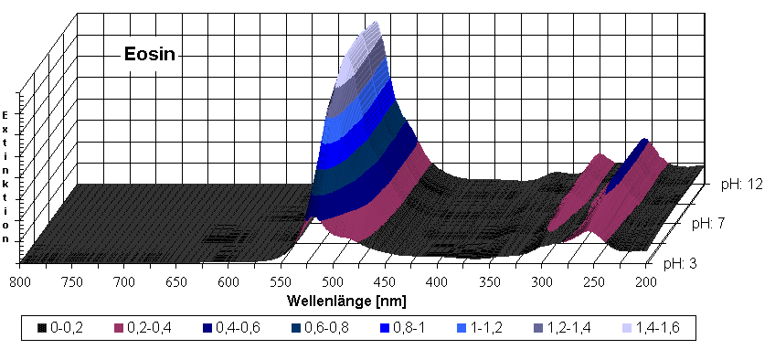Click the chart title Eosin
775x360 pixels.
[x=149, y=55]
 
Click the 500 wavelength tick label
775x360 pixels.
[x=334, y=283]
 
